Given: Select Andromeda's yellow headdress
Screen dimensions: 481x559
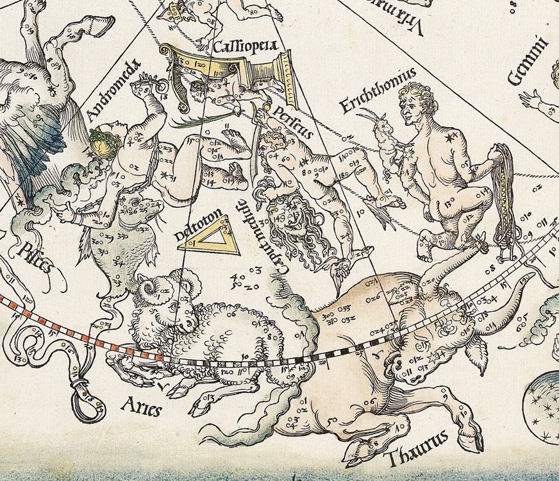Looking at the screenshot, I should coord(102,144).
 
